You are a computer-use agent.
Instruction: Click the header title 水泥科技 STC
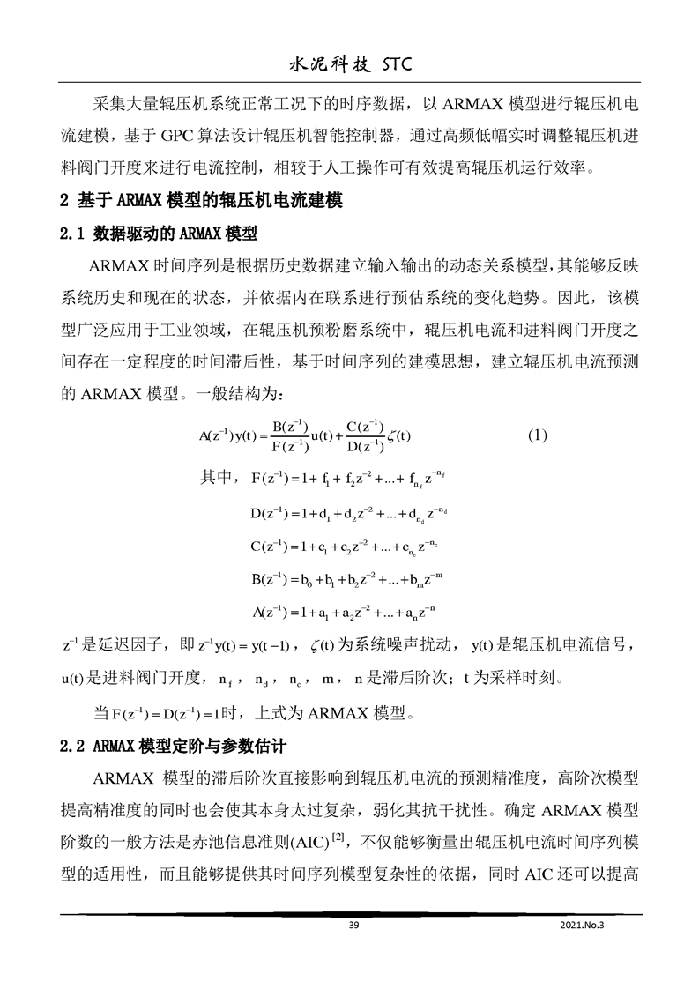coord(349,65)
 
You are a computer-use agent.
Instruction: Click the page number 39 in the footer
coord(353,925)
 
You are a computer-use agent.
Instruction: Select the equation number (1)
coord(538,435)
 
